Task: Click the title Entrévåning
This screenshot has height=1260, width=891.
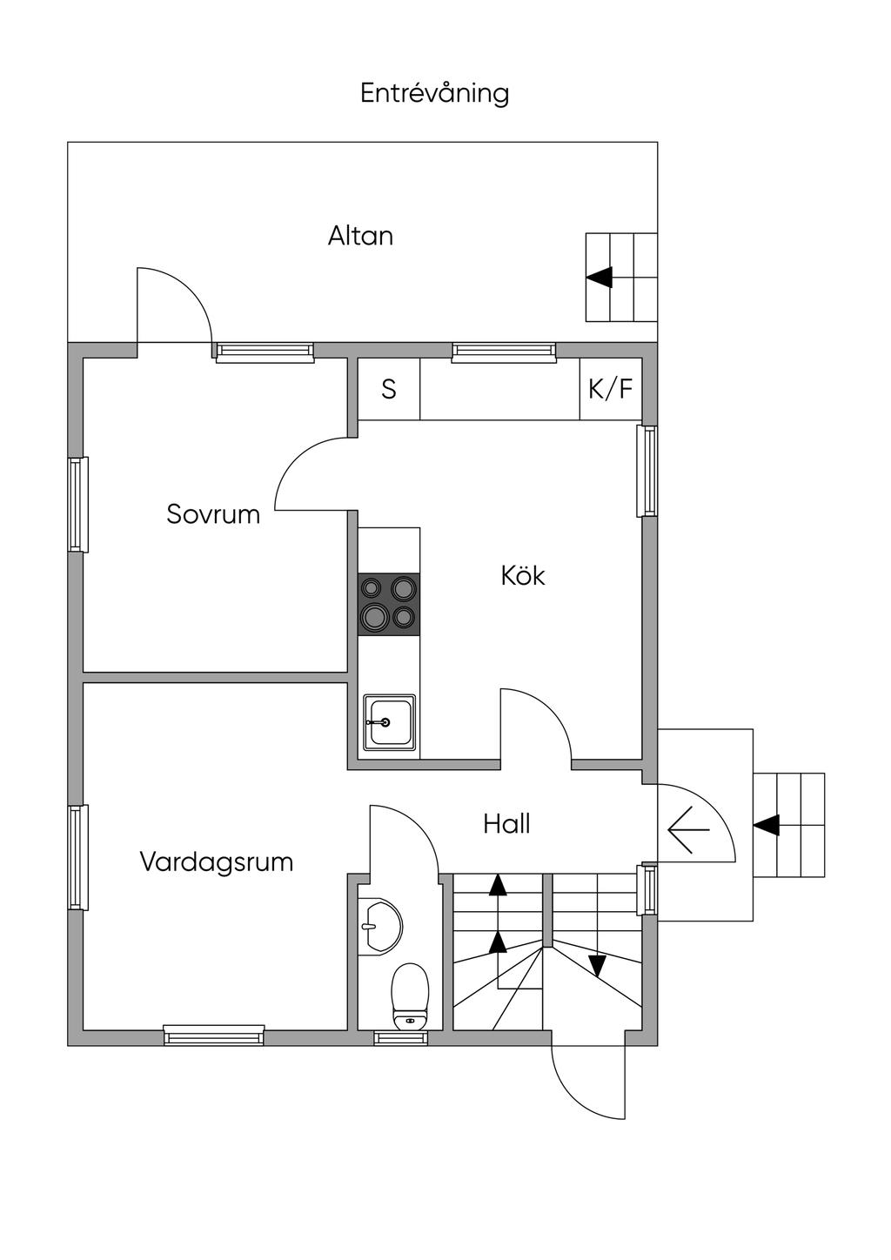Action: pyautogui.click(x=434, y=93)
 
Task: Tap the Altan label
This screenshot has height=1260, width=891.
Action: pyautogui.click(x=360, y=236)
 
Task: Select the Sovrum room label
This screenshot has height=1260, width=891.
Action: pyautogui.click(x=213, y=514)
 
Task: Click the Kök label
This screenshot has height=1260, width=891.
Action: pyautogui.click(x=523, y=575)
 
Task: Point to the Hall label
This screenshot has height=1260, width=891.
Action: pyautogui.click(x=506, y=823)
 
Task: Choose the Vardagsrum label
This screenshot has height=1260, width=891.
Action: pyautogui.click(x=216, y=862)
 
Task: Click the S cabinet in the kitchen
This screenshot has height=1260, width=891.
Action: pyautogui.click(x=389, y=389)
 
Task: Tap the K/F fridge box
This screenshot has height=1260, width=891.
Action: pyautogui.click(x=611, y=389)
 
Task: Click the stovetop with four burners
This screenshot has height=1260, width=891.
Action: pyautogui.click(x=389, y=603)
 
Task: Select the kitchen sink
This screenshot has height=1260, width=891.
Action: pyautogui.click(x=389, y=722)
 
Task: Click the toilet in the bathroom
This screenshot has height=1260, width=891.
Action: pyautogui.click(x=411, y=995)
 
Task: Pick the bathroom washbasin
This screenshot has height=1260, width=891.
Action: pyautogui.click(x=379, y=925)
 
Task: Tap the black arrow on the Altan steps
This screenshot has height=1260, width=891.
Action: pyautogui.click(x=600, y=278)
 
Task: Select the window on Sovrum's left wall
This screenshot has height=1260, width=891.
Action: pyautogui.click(x=78, y=504)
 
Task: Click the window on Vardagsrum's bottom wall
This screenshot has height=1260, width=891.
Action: pyautogui.click(x=214, y=1035)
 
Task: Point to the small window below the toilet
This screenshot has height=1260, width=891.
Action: pyautogui.click(x=401, y=1037)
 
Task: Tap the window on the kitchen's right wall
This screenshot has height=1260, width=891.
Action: pyautogui.click(x=646, y=471)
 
